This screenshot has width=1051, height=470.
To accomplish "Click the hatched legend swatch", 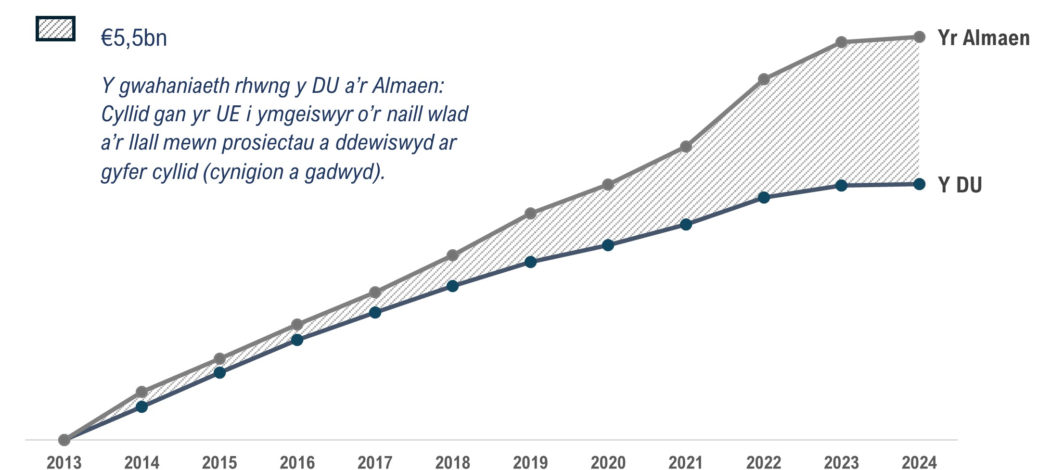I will (55, 29).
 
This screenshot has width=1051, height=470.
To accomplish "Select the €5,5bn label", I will (134, 38).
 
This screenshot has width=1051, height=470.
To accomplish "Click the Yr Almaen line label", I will (983, 38).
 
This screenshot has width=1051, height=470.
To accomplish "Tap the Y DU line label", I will (960, 185).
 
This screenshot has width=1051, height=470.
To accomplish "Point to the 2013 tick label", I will (64, 462).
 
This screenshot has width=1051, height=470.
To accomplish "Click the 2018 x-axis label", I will (452, 462).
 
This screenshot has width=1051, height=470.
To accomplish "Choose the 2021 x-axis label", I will (686, 462).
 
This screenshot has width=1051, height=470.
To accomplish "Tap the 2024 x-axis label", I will (919, 462).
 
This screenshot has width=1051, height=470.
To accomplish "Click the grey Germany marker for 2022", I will (764, 79).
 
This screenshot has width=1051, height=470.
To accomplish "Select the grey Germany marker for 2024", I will (919, 37).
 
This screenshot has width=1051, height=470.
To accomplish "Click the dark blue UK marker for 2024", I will (919, 184).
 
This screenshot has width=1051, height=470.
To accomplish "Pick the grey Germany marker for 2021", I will (686, 147).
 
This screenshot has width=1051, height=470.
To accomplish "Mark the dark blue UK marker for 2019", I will (530, 262).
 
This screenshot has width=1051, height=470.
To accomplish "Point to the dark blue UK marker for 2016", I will (297, 340).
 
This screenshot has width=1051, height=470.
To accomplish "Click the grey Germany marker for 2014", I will (141, 392).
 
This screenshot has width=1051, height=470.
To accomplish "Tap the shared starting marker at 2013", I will (64, 440).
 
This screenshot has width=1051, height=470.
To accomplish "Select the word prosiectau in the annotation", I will (268, 143).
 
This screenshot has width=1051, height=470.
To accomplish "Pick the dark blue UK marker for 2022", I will (764, 198).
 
